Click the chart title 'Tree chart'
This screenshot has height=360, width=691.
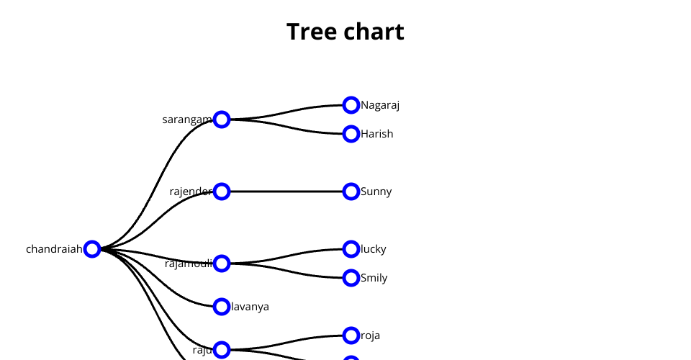(345, 32)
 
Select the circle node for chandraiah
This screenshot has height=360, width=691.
(92, 249)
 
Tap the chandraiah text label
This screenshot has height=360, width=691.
(54, 249)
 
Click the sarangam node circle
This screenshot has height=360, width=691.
(222, 120)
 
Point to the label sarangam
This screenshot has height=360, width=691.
(187, 120)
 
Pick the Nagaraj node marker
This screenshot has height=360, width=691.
(351, 105)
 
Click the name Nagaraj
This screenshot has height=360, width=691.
(380, 105)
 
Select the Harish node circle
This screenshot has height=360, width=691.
(351, 134)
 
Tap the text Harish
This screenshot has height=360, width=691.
(377, 134)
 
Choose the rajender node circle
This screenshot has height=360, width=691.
(222, 192)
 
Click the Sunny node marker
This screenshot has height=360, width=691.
(351, 192)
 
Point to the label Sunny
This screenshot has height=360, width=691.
(376, 192)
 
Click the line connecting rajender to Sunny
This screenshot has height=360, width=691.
(286, 192)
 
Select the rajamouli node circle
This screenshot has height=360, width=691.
(222, 264)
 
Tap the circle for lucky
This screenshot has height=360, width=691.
(351, 249)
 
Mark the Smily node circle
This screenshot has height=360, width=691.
(351, 278)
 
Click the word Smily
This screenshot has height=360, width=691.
(374, 278)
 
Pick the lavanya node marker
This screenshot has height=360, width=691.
(222, 307)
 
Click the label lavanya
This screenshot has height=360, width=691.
(250, 307)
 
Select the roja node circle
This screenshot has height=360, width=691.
(351, 336)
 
